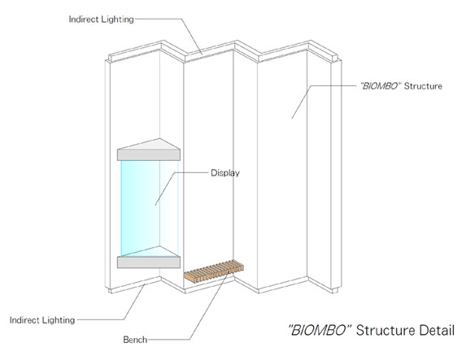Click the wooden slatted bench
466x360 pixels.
tap(214, 271)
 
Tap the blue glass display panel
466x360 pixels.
tap(150, 208)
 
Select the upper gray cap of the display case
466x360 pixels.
tap(149, 150)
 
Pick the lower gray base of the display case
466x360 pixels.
tap(149, 262)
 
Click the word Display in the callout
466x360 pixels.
tap(225, 173)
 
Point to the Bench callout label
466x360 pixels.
tap(135, 340)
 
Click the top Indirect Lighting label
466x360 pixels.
tap(102, 20)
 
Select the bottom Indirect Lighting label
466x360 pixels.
tap(42, 320)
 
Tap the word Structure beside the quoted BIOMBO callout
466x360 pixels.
tap(423, 86)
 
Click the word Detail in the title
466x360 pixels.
tap(437, 330)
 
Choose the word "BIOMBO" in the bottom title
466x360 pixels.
tap(320, 330)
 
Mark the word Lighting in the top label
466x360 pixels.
tap(118, 20)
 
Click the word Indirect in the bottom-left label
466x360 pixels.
tap(24, 320)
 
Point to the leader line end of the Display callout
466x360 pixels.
tap(155, 205)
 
